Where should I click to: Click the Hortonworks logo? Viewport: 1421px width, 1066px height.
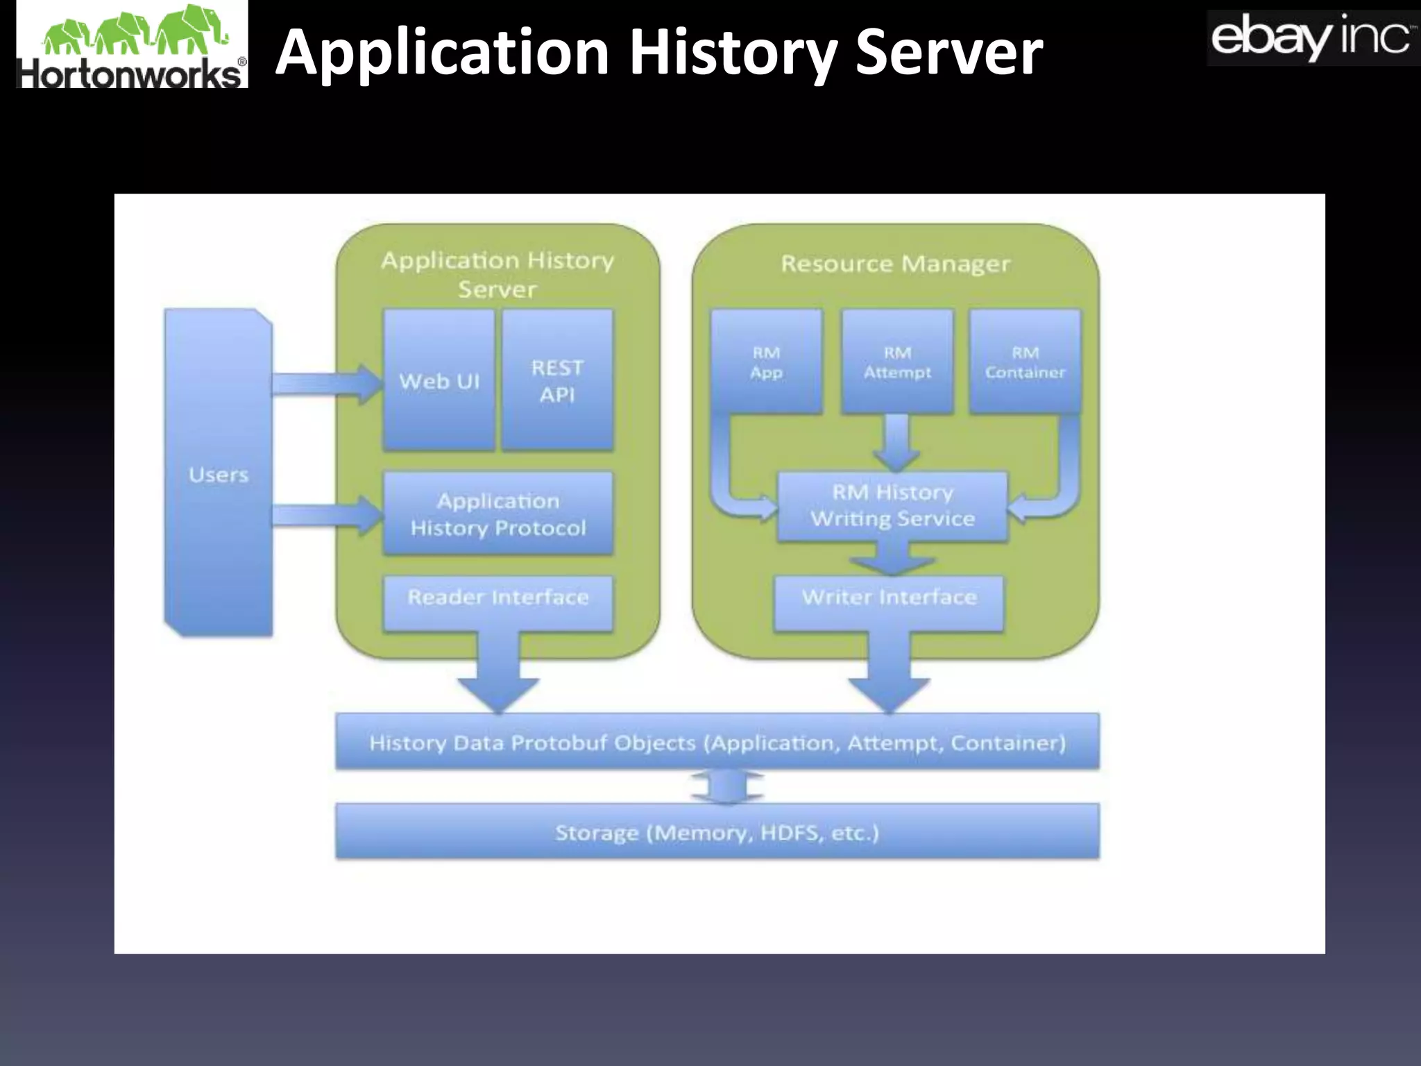(132, 46)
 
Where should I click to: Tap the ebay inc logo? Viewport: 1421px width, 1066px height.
(1311, 38)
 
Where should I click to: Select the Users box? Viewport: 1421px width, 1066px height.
(218, 474)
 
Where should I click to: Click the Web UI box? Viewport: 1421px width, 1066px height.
(439, 380)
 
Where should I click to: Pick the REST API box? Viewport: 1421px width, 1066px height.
(557, 380)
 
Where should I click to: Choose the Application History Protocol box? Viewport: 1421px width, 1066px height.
(497, 514)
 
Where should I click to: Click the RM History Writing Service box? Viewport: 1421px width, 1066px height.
(892, 506)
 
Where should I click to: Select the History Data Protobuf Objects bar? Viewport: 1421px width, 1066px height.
(717, 743)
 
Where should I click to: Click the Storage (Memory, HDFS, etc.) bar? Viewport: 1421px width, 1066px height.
(717, 832)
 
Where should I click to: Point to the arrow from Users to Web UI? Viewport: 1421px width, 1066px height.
(326, 382)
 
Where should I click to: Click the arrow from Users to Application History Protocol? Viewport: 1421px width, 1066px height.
(326, 515)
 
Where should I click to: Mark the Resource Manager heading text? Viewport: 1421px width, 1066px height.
(895, 264)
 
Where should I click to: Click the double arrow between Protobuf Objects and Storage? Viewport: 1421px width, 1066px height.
(727, 787)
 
